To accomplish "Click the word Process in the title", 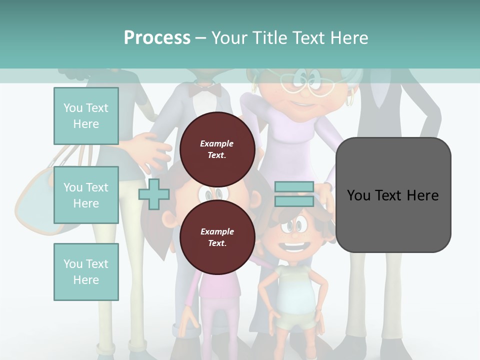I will coord(157,38).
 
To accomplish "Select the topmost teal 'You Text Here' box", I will coord(86,116).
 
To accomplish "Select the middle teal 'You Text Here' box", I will coord(86,195).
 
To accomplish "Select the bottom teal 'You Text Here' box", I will coord(86,272).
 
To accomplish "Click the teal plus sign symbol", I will coord(154,194).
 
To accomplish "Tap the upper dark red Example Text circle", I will coord(217,149).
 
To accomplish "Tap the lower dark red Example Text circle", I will coord(217,237).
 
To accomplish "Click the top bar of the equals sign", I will coord(294,186).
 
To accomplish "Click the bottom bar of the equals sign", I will coord(294,201).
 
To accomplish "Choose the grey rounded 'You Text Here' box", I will coord(393,195).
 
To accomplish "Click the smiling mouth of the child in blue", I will coord(295,247).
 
